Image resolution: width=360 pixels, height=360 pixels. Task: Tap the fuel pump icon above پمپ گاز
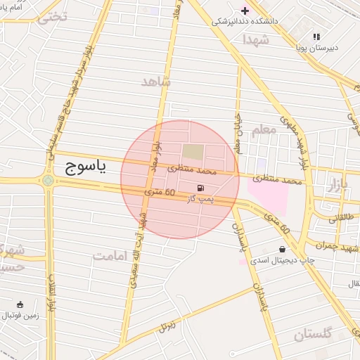click(x=202, y=188)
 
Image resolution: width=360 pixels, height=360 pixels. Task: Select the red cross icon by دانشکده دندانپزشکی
click(x=245, y=10)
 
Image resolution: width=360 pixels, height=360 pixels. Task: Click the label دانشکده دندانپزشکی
click(x=245, y=22)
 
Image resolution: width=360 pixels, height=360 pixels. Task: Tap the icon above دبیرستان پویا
click(x=316, y=36)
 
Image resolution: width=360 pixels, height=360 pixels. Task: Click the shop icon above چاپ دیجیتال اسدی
click(x=282, y=249)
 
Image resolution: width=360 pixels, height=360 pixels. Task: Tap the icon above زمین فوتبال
click(x=20, y=305)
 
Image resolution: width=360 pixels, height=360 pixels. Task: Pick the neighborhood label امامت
click(x=112, y=255)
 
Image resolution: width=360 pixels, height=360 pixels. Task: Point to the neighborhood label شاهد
click(x=156, y=82)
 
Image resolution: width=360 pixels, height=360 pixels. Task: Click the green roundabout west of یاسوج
click(x=48, y=181)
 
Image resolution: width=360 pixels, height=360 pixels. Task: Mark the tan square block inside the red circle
click(x=192, y=151)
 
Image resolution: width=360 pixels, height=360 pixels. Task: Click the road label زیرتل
click(x=167, y=326)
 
